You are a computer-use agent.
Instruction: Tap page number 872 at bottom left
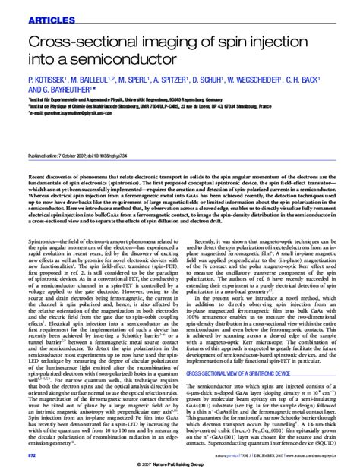click(32, 455)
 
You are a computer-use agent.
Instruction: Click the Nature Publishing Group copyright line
click(179, 464)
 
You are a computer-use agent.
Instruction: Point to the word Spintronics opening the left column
click(43, 227)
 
